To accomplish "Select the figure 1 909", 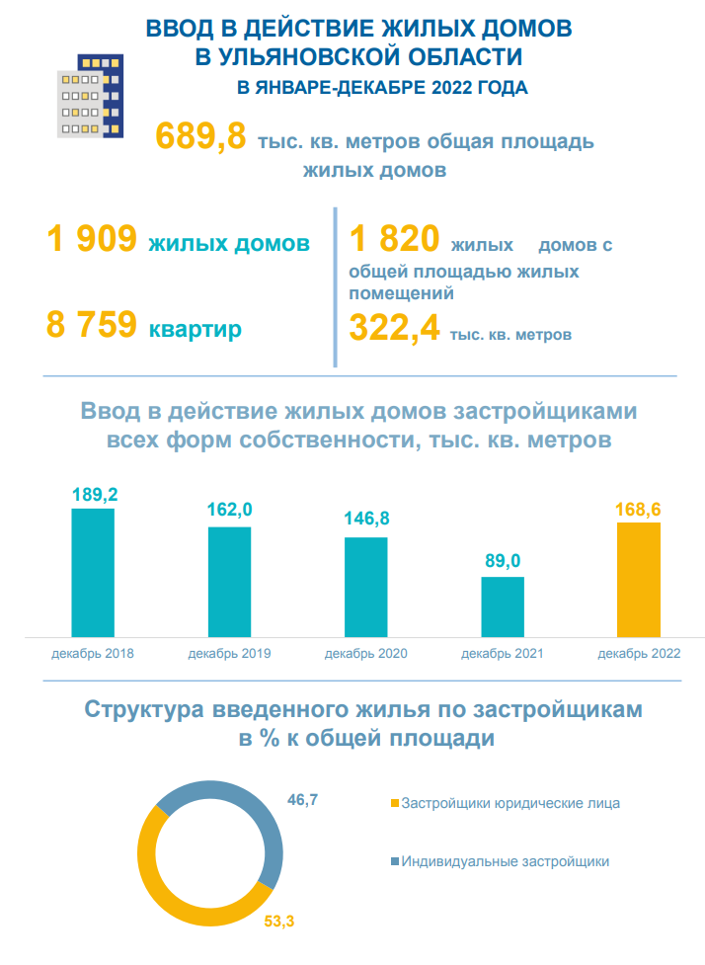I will click(91, 241).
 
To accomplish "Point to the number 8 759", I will click(91, 325).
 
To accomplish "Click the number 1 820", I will click(393, 241).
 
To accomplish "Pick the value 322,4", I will click(394, 330).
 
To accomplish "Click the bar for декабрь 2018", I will click(93, 573).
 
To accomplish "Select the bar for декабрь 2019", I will click(229, 582).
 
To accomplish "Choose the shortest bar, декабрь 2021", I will click(502, 606).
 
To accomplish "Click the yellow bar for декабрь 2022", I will click(638, 580).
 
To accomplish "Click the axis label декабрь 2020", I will click(365, 654).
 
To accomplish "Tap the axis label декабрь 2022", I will click(639, 654).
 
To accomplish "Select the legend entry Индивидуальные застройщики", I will click(505, 861).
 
